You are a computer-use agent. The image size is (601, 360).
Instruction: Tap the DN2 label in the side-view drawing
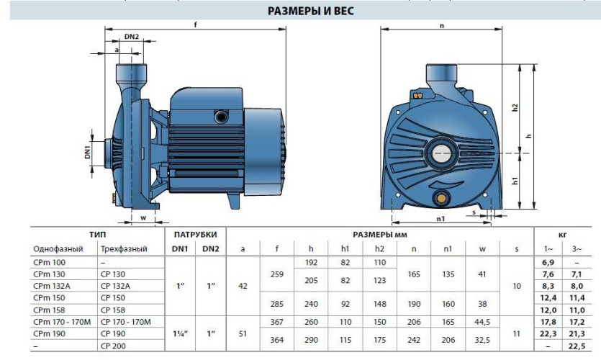[131, 37]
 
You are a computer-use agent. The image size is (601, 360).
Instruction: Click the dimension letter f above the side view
[195, 24]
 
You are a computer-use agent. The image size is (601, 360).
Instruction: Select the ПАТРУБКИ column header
[196, 235]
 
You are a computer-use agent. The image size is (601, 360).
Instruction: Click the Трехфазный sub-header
[124, 248]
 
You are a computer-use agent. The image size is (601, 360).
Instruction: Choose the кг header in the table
[566, 235]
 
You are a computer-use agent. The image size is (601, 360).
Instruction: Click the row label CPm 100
[49, 263]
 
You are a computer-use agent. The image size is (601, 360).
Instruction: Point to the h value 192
[311, 263]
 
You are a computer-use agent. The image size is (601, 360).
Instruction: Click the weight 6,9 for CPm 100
[548, 263]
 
